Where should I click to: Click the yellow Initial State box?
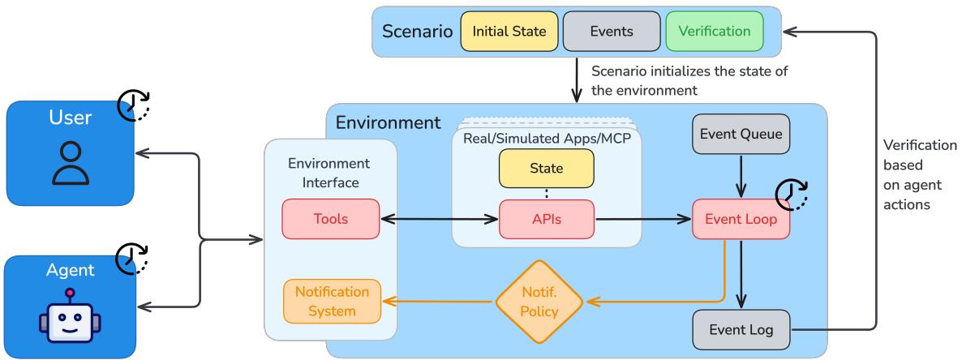click(509, 32)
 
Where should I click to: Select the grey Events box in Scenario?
click(611, 32)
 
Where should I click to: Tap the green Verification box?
click(715, 32)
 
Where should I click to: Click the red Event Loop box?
click(741, 218)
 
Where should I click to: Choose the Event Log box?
click(741, 329)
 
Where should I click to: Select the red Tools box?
click(330, 218)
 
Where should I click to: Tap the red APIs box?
click(546, 218)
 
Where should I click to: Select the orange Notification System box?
click(331, 301)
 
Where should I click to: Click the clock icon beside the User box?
click(135, 105)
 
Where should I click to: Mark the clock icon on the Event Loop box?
click(792, 195)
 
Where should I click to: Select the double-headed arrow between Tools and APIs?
click(438, 218)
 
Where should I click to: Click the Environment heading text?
click(388, 123)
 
